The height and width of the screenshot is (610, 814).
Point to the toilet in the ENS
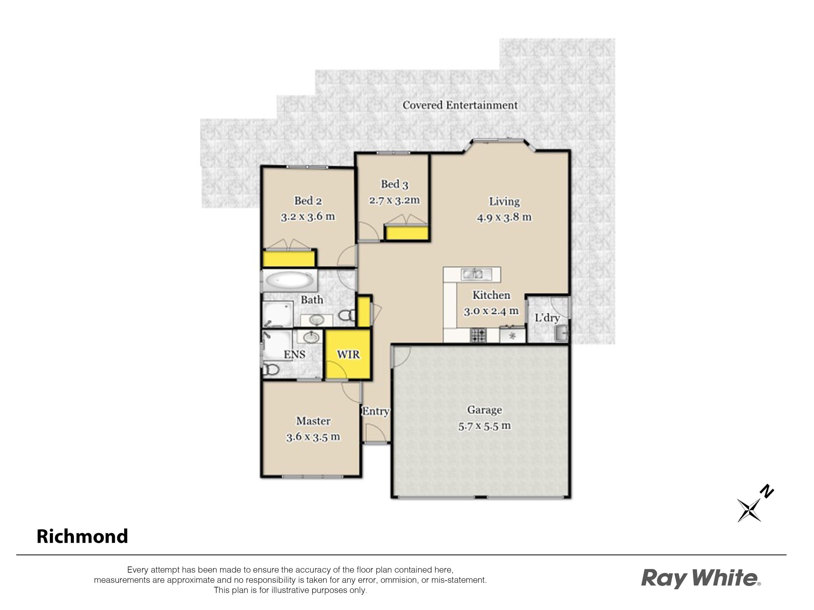[x=271, y=369]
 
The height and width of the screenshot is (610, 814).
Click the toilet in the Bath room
[x=346, y=315]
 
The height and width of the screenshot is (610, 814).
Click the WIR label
[x=348, y=354]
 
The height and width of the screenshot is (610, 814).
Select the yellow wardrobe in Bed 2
[x=289, y=258]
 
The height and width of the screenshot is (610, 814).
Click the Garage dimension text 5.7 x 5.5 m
[x=484, y=426]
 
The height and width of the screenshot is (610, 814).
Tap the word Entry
[x=376, y=412]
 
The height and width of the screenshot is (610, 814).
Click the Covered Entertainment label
[x=460, y=105]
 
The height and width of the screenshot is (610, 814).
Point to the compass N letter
[x=767, y=492]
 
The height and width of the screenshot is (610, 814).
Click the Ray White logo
[x=700, y=579]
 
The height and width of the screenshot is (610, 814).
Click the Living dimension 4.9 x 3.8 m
[x=504, y=217]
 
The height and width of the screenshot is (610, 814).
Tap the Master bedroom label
[x=313, y=421]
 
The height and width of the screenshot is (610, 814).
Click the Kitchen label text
[x=491, y=295]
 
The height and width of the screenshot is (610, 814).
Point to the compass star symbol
[x=749, y=510]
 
